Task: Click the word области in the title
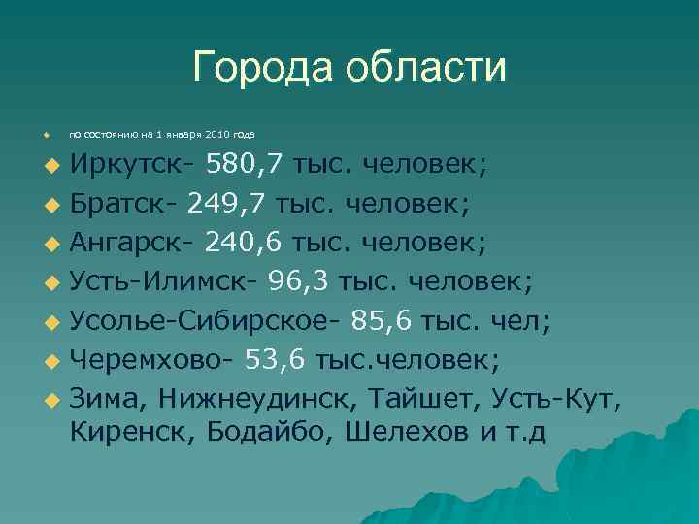point(426,67)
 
